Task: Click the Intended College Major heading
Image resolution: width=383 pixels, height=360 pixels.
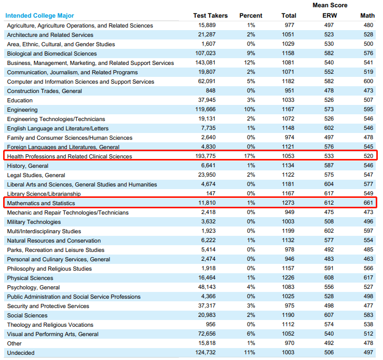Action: pos(39,16)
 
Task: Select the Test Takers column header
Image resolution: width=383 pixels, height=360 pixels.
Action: pos(210,16)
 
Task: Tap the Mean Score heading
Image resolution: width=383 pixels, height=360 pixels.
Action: pos(330,5)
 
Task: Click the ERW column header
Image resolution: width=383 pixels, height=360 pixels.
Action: pos(330,16)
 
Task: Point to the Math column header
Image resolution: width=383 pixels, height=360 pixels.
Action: pos(367,16)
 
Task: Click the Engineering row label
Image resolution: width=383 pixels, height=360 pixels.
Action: pos(22,110)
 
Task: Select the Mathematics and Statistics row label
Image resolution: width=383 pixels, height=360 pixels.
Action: pos(41,203)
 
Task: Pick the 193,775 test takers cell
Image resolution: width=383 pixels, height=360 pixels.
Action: pos(206,156)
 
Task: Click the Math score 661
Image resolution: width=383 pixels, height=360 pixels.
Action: pos(368,203)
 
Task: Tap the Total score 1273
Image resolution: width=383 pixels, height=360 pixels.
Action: pos(288,203)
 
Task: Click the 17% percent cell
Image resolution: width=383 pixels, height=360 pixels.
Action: pos(250,156)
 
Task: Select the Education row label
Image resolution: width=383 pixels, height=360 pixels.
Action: pos(20,100)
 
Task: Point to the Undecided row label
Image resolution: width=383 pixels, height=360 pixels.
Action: pos(21,353)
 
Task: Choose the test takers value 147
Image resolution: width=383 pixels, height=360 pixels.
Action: pos(211,193)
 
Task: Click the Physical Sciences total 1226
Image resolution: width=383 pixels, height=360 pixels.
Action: pos(288,277)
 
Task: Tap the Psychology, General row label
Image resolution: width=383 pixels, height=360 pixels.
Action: pos(33,287)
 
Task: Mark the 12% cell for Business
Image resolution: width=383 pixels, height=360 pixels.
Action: pos(250,63)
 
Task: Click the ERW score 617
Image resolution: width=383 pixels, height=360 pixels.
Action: pos(329,193)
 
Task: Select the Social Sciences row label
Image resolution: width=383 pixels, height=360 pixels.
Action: pos(28,315)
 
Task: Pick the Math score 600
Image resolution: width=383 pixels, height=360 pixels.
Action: pos(368,81)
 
